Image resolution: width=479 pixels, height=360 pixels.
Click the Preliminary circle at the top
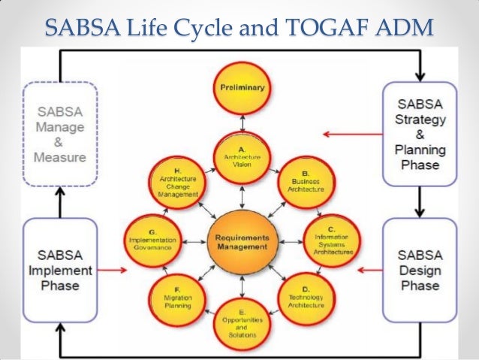(242, 89)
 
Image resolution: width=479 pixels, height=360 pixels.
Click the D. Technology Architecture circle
(306, 299)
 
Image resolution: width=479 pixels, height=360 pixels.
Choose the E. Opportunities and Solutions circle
(242, 324)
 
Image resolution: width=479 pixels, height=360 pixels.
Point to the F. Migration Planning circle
(178, 299)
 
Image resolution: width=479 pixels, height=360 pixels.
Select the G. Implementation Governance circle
(152, 241)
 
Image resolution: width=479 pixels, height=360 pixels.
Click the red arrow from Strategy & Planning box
(349, 135)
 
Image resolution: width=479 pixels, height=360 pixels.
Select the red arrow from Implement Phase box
(113, 268)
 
